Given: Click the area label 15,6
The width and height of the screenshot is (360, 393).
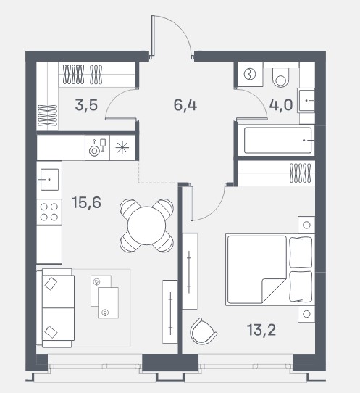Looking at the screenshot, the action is pos(86,202).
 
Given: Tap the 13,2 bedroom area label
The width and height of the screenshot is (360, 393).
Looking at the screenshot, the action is pos(261,330).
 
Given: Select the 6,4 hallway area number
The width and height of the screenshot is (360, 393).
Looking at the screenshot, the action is pos(185,105).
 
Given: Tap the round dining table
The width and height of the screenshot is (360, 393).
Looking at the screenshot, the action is pos(147,226).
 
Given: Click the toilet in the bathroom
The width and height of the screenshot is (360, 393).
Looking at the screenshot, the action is pos(281,78).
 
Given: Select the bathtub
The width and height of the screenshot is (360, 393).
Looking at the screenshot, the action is pos(277,141).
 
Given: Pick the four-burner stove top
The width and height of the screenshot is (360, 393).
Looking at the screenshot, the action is pos(49,212).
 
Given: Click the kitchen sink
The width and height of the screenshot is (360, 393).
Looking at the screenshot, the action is pos(49,179).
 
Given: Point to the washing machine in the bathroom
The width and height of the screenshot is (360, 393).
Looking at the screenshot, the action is pos(249,75).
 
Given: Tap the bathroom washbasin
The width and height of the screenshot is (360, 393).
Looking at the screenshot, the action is pos(306,101).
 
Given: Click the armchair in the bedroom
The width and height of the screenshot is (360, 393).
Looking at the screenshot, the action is pos(203,331).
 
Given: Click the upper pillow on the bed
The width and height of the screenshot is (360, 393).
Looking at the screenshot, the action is pos(301,252).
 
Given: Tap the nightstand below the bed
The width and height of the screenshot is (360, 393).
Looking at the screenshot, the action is pos(306,314).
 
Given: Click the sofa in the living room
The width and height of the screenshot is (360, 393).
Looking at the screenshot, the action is pos(56,308).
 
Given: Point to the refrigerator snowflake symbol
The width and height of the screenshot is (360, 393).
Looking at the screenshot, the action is pos(122,147).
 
